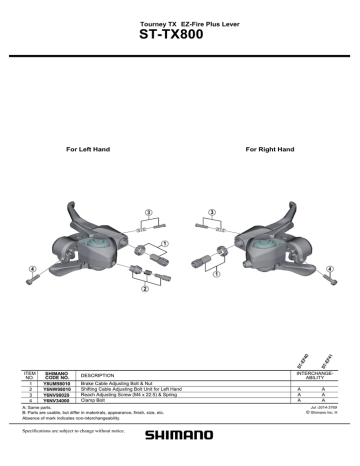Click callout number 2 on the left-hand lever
[146, 289]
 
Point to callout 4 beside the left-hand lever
[32, 268]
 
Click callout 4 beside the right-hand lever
[330, 268]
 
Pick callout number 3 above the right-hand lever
[212, 213]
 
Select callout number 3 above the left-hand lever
[148, 213]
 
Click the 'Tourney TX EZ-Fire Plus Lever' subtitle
[180, 20]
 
